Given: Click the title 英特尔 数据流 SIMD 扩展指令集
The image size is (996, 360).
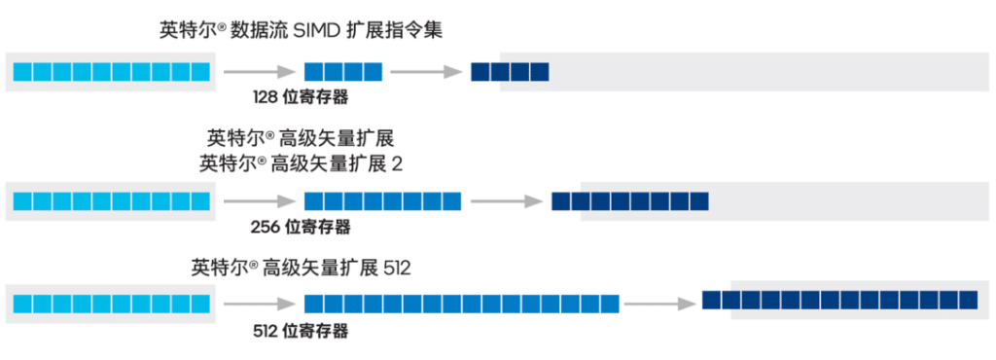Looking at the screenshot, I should [301, 30].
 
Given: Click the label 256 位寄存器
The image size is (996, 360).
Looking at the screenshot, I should [300, 227].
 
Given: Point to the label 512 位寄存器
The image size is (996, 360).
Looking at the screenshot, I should [300, 331].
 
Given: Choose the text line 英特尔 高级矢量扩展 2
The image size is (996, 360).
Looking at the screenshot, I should [301, 163].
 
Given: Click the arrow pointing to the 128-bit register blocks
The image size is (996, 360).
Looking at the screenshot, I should [259, 71].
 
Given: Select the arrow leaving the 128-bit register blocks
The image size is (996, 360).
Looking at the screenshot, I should [425, 71].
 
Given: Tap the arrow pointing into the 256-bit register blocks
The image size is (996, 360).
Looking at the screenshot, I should [259, 201].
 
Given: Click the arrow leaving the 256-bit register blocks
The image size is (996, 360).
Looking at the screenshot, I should [506, 201].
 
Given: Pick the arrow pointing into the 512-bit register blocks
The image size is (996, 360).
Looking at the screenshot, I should [259, 305].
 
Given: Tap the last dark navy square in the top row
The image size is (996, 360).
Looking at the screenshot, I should [540, 71].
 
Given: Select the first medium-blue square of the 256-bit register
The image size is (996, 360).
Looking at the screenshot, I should [313, 201].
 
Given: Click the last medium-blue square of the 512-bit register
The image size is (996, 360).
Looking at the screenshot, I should [610, 305].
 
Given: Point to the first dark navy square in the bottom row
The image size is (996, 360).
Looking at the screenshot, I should [711, 300].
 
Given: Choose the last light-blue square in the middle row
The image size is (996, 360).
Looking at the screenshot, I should [201, 201].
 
